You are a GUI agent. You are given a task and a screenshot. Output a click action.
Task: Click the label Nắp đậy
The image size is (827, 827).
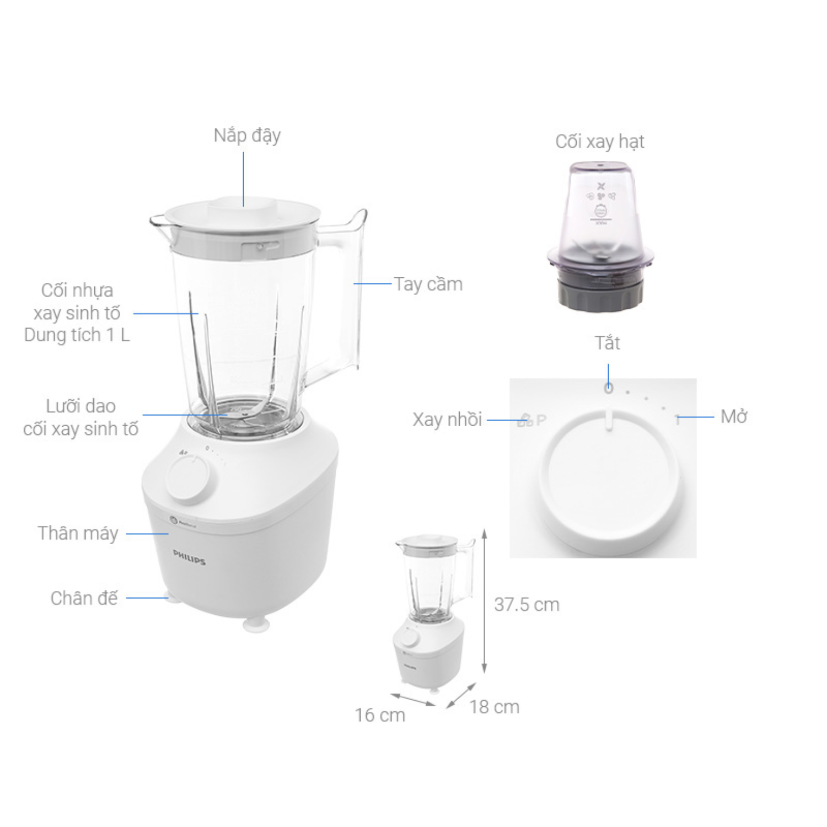(247, 136)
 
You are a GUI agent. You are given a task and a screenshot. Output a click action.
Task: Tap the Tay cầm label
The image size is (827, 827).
(428, 284)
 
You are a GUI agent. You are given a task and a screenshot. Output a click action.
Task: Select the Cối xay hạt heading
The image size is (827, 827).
(600, 142)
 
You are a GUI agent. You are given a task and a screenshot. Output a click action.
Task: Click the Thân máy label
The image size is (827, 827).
(78, 533)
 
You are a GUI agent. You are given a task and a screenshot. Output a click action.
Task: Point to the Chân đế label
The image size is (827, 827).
(84, 598)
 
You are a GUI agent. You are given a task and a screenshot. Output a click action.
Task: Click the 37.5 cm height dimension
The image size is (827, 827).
(527, 605)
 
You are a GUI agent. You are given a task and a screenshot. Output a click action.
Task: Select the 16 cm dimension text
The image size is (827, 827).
(380, 715)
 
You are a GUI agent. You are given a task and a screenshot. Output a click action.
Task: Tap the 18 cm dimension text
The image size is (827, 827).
(495, 707)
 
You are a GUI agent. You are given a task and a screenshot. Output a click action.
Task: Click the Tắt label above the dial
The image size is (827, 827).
(608, 343)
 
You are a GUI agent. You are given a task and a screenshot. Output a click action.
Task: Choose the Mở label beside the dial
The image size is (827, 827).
(734, 416)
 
